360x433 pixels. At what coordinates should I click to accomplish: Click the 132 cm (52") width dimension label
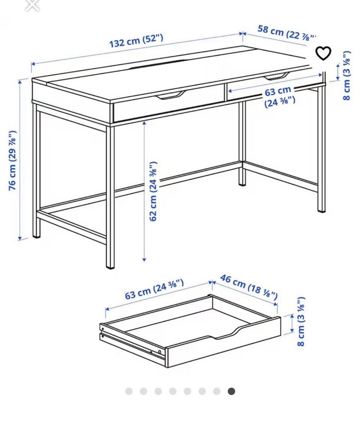point(136,41)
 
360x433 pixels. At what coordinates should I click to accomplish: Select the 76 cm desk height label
point(12,160)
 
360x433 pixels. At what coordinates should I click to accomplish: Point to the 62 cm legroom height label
point(153,191)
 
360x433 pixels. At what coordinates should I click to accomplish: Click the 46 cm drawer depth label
point(249,287)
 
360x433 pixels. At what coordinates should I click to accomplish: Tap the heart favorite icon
point(323,53)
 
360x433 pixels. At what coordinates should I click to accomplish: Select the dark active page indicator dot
point(231,391)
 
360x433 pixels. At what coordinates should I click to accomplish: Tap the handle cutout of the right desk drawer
point(276,76)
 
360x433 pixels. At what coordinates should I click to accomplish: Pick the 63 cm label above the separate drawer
point(154,289)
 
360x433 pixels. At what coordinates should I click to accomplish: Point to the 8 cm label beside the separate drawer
point(301,321)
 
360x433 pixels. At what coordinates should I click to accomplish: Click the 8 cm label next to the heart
point(347,75)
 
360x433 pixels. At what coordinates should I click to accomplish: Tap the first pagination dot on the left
point(129,391)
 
